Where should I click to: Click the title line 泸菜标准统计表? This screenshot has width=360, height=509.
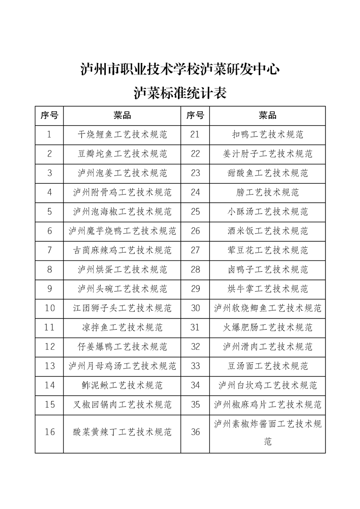[180, 93]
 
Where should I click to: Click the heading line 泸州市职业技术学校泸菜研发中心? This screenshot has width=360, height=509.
[180, 69]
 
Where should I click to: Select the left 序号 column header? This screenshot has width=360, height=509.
[49, 116]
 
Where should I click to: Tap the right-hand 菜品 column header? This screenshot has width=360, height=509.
[267, 116]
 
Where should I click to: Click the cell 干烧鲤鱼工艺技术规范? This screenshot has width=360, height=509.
[122, 135]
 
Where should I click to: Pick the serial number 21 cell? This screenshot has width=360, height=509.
[195, 135]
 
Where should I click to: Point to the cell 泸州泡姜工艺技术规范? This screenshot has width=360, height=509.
[122, 173]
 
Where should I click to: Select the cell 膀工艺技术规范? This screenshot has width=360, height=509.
[267, 192]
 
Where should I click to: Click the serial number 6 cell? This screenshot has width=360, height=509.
[49, 231]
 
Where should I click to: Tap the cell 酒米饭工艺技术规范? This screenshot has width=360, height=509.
[267, 231]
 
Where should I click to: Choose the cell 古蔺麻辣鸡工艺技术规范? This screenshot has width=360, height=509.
[122, 250]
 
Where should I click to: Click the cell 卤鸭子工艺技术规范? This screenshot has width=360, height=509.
[267, 269]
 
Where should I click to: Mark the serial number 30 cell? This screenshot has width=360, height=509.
[195, 308]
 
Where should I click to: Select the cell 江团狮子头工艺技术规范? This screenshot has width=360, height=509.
[122, 308]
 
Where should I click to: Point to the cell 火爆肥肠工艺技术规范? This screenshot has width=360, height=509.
[267, 327]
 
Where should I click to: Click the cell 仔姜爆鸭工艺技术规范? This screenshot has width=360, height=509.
[122, 347]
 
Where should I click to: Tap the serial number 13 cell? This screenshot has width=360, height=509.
[49, 366]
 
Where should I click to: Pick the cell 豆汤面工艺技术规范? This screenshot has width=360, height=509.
[267, 366]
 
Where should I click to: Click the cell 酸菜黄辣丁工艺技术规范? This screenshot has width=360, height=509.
[122, 432]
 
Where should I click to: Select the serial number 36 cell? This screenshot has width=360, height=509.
[195, 432]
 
